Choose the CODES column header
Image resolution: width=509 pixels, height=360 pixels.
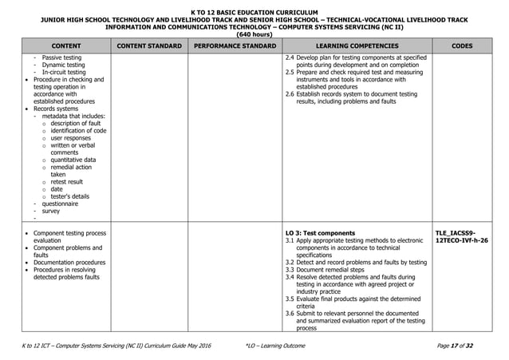[x=464, y=45]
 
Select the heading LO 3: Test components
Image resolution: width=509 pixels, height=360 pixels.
[x=320, y=233]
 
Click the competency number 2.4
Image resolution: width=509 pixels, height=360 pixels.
[x=290, y=58]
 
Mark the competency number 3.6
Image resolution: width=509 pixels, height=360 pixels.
[x=290, y=314]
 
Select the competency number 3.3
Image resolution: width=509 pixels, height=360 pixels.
[x=290, y=270]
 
